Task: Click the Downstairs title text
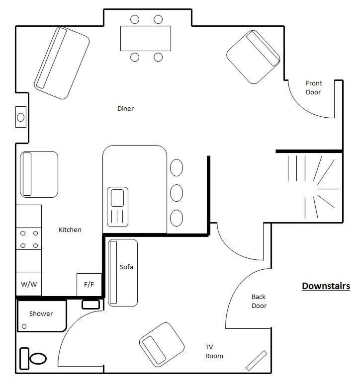[326, 286]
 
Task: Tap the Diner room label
[125, 108]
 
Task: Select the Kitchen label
[70, 229]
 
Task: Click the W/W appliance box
[29, 284]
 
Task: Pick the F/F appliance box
[89, 285]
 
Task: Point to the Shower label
[41, 314]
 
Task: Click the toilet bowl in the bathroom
[38, 359]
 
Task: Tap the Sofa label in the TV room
[126, 267]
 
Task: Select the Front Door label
[314, 88]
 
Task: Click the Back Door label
[259, 302]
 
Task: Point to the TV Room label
[214, 351]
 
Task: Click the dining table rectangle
[146, 38]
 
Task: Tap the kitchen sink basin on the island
[117, 198]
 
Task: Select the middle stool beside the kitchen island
[177, 193]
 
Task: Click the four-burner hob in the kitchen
[29, 239]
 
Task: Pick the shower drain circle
[24, 326]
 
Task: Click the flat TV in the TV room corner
[257, 361]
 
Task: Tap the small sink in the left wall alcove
[21, 117]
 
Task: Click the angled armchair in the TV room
[162, 345]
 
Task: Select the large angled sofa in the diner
[62, 63]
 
